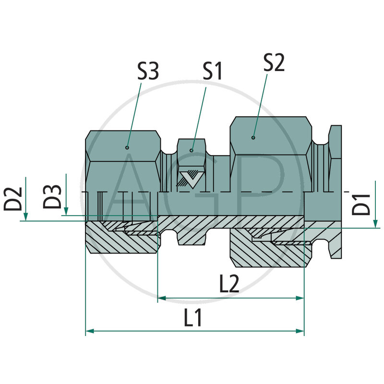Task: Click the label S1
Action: [212, 71]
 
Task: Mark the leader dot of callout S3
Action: [127, 148]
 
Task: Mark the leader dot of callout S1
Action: [192, 151]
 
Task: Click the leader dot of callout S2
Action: [253, 138]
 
